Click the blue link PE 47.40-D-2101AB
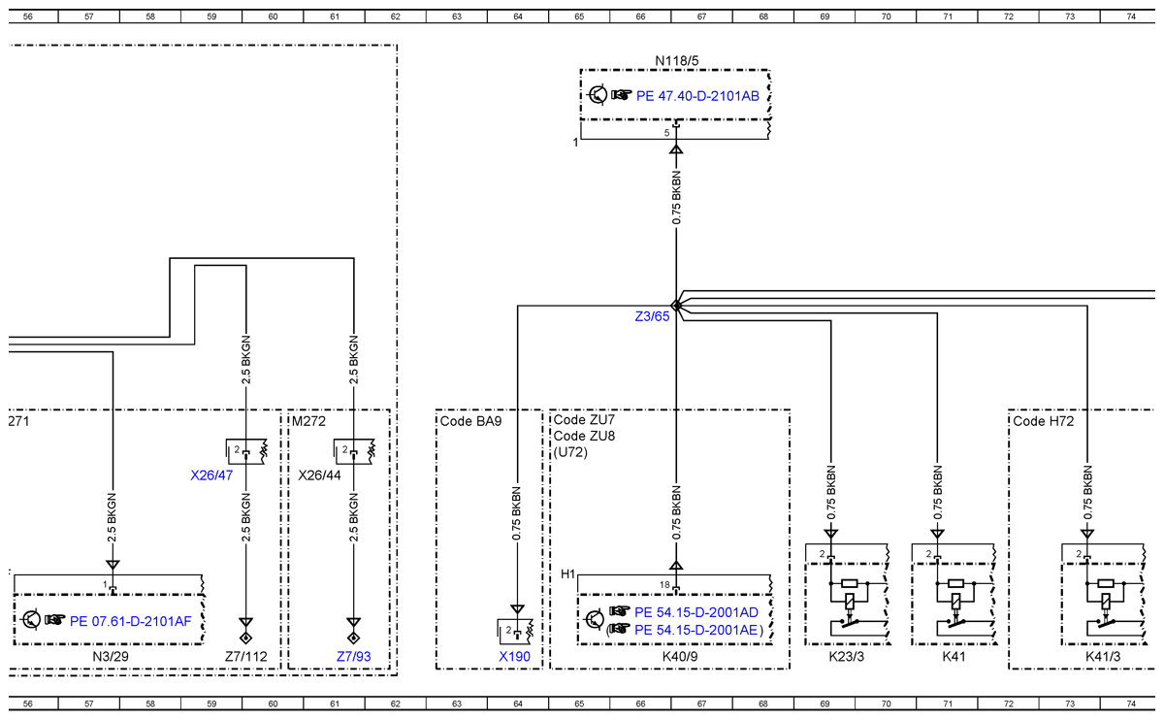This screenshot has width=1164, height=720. [x=697, y=96]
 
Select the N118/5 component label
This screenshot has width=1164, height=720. [x=677, y=61]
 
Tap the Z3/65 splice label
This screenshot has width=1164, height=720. [x=652, y=316]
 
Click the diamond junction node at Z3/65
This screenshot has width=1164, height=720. [x=676, y=306]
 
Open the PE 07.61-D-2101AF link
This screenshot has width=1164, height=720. [x=130, y=621]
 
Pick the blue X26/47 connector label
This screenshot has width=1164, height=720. [x=211, y=475]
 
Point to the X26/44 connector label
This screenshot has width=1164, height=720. [x=319, y=475]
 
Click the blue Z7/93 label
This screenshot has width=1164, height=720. [x=354, y=657]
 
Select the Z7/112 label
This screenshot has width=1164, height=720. [x=245, y=657]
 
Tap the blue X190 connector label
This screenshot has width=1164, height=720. [x=514, y=657]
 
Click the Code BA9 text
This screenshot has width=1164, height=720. [x=470, y=421]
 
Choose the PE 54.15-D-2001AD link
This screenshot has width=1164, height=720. [x=696, y=612]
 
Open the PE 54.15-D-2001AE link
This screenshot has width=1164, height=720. [x=695, y=630]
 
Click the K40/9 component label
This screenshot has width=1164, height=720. [x=680, y=657]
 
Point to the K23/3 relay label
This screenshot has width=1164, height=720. [x=847, y=657]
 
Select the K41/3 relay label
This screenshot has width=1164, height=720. [x=1103, y=657]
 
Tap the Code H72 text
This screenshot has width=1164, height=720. [x=1044, y=421]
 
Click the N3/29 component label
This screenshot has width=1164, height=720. [x=111, y=657]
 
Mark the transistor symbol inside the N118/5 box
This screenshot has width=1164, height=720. [x=598, y=95]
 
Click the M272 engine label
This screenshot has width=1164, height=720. [x=308, y=421]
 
